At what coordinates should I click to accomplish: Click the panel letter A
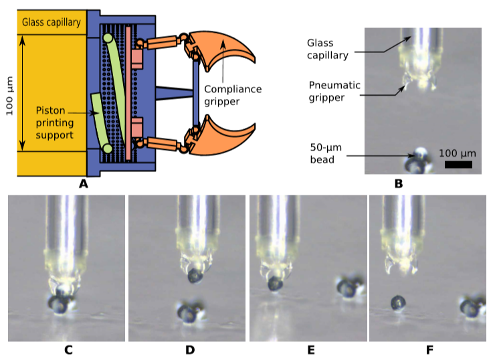84,183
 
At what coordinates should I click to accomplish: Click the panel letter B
399,183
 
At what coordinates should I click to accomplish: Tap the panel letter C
68,350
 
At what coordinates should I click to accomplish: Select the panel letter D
190,350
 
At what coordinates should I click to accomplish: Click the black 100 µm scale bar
458,164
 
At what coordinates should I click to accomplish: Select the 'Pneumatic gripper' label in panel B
335,91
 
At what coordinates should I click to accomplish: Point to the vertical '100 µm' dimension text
9,94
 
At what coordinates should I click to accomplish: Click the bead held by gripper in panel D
195,275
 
